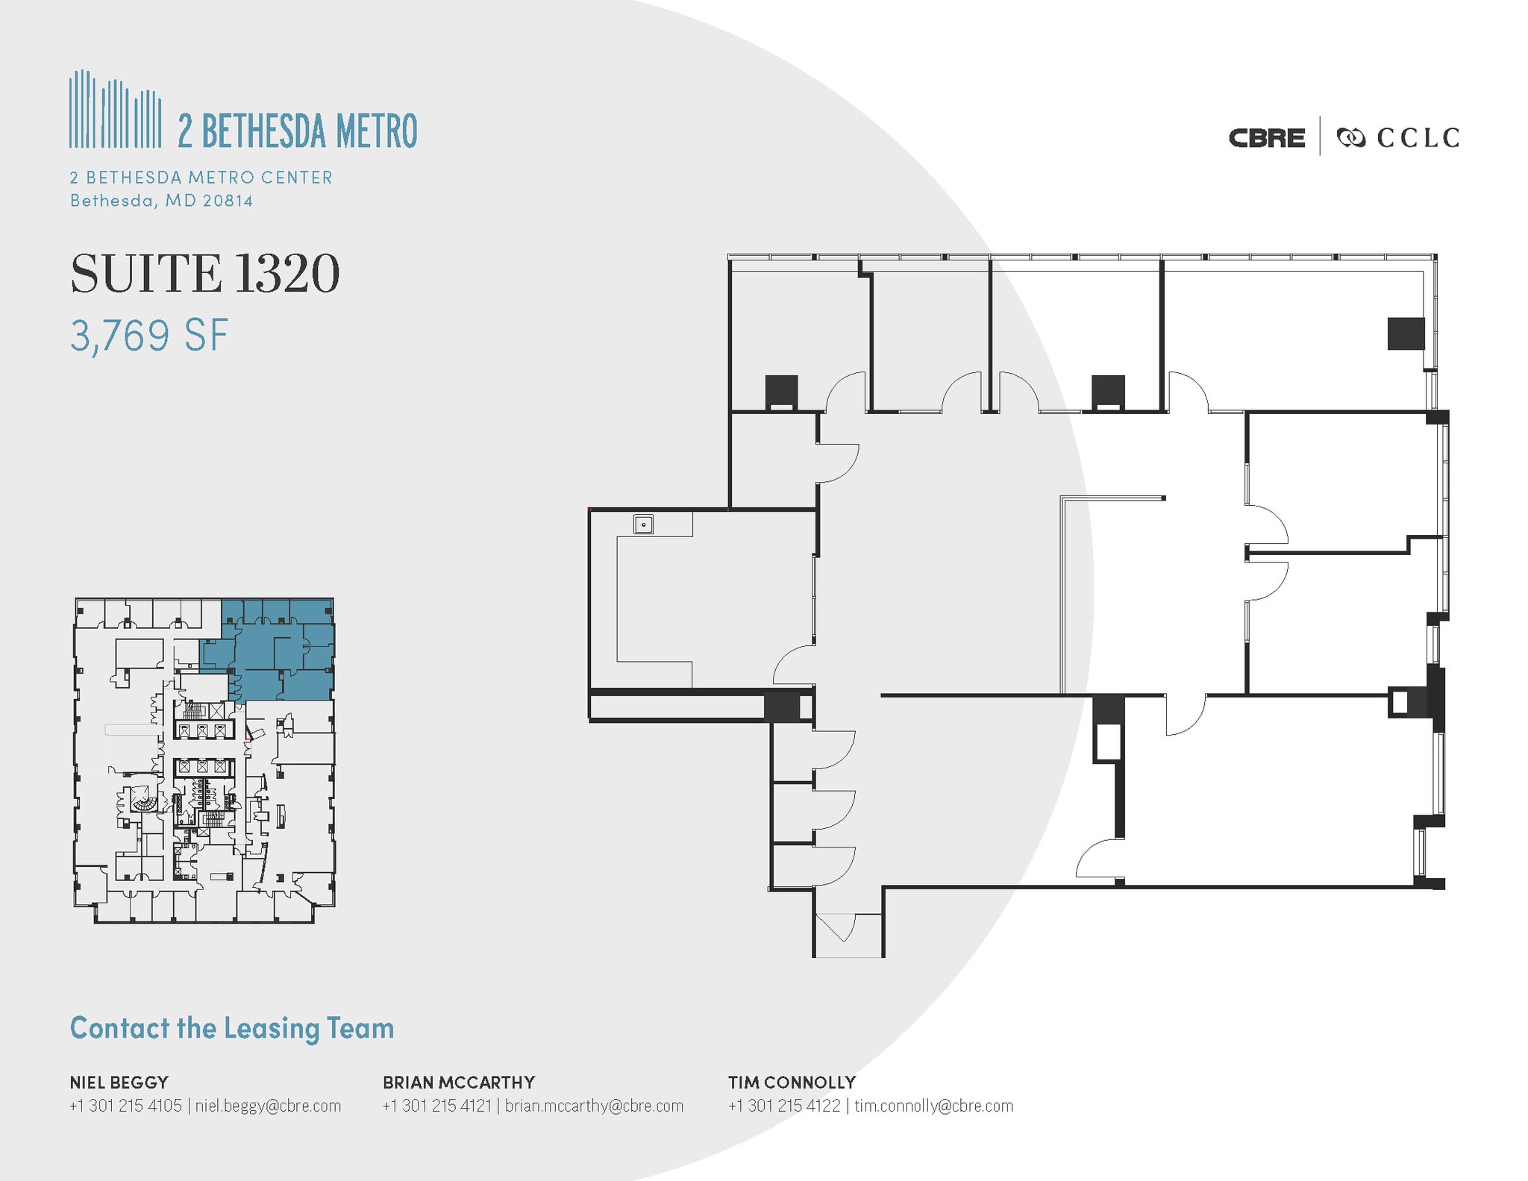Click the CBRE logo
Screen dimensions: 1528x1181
pyautogui.click(x=1267, y=138)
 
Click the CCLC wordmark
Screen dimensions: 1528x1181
pyautogui.click(x=1398, y=138)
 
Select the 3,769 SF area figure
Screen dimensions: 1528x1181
pyautogui.click(x=149, y=335)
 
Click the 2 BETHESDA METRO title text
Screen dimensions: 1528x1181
pyautogui.click(x=297, y=131)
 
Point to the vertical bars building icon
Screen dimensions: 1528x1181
pyautogui.click(x=115, y=109)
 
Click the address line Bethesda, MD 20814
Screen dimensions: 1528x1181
pyautogui.click(x=162, y=201)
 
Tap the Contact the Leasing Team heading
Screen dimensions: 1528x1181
pyautogui.click(x=232, y=1028)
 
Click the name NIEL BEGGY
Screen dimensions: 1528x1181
pyautogui.click(x=119, y=1082)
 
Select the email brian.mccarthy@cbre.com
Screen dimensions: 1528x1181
pyautogui.click(x=594, y=1106)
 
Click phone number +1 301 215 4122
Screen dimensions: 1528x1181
pyautogui.click(x=784, y=1106)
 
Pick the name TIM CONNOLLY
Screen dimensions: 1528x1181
pyautogui.click(x=792, y=1082)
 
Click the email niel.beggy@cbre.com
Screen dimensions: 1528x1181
pyautogui.click(x=269, y=1106)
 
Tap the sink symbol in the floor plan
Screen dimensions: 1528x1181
pyautogui.click(x=643, y=524)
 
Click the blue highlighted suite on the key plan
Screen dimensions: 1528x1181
pyautogui.click(x=276, y=649)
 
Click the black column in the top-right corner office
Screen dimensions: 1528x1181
pyautogui.click(x=1406, y=333)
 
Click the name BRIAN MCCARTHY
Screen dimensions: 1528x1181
pyautogui.click(x=459, y=1082)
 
